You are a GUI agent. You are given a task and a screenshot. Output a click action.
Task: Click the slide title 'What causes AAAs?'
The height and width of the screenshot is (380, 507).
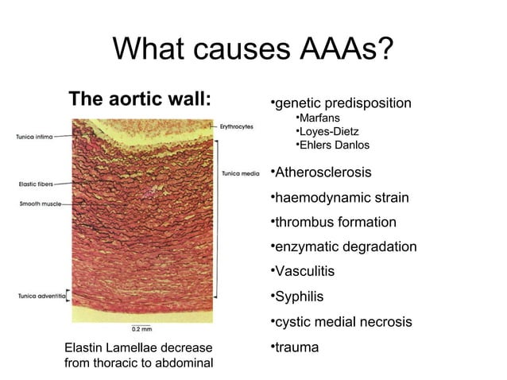(x=253, y=49)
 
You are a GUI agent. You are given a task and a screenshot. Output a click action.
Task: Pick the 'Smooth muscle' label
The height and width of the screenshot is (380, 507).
(x=37, y=204)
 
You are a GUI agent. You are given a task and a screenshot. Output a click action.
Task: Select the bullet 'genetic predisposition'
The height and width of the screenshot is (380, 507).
(x=340, y=103)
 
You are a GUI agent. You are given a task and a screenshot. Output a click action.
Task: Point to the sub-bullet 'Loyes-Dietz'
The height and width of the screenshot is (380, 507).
(x=327, y=131)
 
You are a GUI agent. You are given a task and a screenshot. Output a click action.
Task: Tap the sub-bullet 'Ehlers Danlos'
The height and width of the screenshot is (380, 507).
(x=331, y=145)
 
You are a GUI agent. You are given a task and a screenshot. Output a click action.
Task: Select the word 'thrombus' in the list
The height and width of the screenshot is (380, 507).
(x=302, y=223)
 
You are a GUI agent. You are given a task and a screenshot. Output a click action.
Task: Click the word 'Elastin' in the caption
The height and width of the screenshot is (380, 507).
(x=83, y=348)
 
